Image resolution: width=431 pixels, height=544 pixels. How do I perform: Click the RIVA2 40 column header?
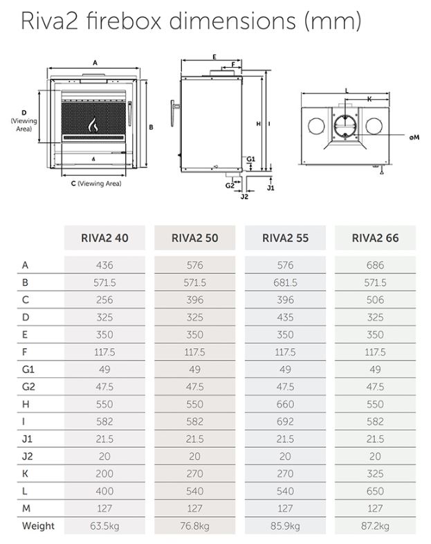[x=104, y=238]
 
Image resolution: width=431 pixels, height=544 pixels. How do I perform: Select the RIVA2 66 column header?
[x=375, y=238]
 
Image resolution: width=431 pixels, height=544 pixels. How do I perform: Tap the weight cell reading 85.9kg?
[x=285, y=526]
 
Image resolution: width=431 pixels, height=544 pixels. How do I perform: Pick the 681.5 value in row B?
[x=285, y=282]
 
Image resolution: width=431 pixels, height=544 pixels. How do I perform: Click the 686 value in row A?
[x=375, y=265]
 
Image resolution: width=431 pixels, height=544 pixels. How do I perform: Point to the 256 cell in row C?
[x=104, y=300]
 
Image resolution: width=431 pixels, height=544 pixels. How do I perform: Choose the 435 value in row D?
[x=285, y=317]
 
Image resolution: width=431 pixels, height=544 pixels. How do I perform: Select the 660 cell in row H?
[x=285, y=404]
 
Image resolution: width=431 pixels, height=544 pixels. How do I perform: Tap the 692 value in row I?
[x=285, y=421]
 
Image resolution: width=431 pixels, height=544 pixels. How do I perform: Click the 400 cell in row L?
[x=104, y=491]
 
